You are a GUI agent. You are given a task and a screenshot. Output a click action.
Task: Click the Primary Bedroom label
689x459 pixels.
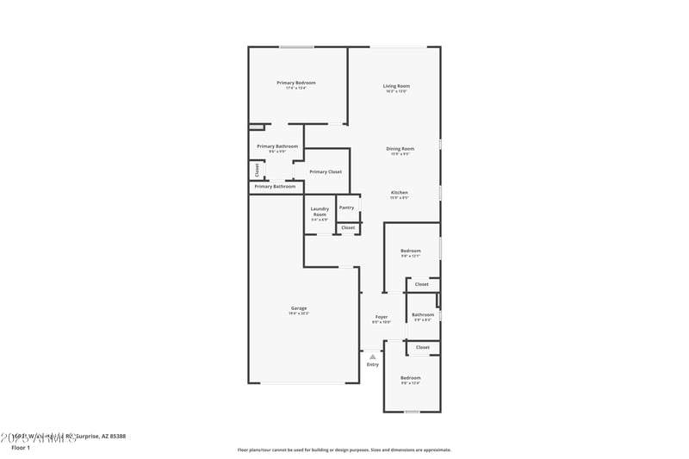(x=295, y=83)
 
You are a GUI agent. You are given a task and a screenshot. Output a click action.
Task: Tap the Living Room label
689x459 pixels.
(x=396, y=86)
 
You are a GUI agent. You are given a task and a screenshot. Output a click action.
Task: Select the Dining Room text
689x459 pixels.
(x=400, y=149)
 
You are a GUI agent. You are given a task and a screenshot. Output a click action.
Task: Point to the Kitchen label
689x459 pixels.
(x=400, y=192)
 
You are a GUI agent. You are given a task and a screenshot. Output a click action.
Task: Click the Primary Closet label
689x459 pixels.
(x=326, y=171)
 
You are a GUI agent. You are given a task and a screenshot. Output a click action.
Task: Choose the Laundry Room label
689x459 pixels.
(x=320, y=210)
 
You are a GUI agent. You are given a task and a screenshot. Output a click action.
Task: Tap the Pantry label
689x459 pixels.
(x=346, y=208)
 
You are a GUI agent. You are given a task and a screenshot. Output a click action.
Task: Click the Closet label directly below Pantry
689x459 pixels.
(x=348, y=227)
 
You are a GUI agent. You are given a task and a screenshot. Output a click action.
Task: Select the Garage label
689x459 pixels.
(x=299, y=308)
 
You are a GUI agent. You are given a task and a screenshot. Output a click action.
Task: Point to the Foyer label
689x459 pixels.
(x=381, y=317)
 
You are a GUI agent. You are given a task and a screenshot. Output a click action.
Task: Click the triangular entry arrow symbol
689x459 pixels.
(x=372, y=356)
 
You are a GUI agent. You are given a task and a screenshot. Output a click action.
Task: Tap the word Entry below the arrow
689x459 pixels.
(x=372, y=364)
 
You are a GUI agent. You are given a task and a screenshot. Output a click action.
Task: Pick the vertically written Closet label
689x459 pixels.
(x=257, y=170)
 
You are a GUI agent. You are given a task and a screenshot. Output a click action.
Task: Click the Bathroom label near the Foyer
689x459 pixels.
(x=423, y=315)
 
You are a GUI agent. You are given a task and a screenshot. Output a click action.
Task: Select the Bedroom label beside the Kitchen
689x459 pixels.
(x=410, y=251)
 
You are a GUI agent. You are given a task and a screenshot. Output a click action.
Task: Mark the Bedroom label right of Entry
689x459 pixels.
(x=410, y=378)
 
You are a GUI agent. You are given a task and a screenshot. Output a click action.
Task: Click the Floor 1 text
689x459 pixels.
(x=21, y=448)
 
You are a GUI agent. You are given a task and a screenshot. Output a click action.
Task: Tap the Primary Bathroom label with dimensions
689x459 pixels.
(x=277, y=146)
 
